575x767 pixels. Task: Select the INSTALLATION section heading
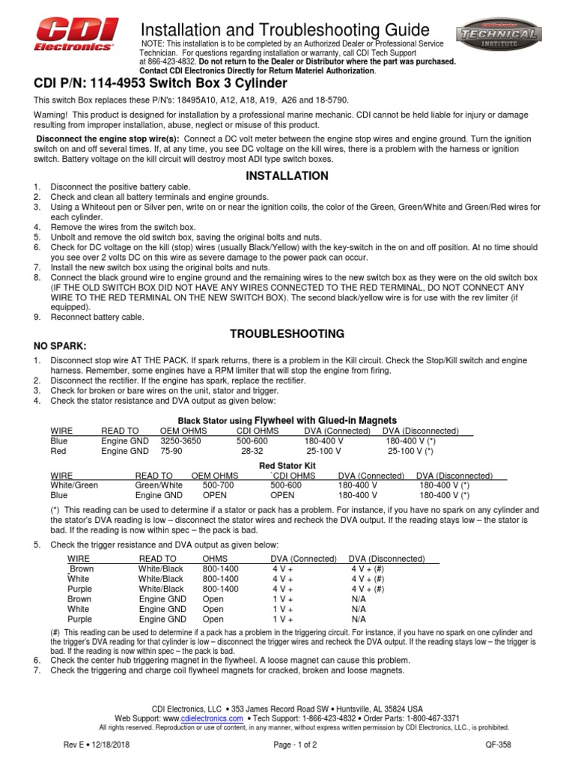point(287,176)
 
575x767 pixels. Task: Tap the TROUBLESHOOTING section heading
point(287,333)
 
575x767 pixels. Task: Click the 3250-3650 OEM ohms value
point(180,441)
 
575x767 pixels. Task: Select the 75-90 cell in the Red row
point(171,452)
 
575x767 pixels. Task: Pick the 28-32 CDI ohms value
point(252,452)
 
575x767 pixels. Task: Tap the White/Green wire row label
point(74,485)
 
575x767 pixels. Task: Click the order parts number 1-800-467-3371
point(434,717)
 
